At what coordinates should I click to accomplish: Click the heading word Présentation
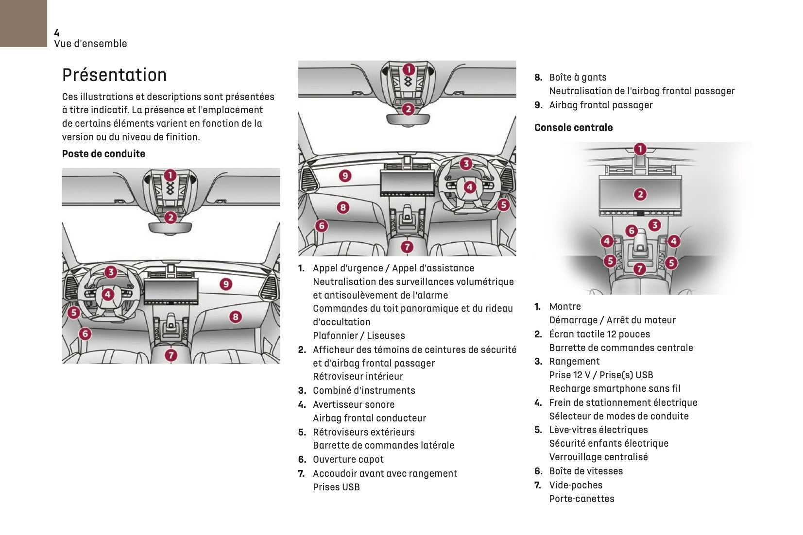click(x=114, y=75)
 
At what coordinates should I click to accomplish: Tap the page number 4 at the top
click(x=57, y=33)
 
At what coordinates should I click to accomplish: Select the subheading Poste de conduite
click(x=103, y=154)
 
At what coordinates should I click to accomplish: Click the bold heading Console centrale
click(x=573, y=128)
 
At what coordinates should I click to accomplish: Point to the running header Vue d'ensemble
click(x=90, y=44)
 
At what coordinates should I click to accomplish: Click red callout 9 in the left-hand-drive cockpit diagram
click(x=226, y=284)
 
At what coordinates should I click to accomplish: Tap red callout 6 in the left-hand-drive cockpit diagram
click(x=85, y=334)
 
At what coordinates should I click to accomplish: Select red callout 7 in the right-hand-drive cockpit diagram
click(x=407, y=247)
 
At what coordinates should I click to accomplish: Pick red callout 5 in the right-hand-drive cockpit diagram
click(x=503, y=205)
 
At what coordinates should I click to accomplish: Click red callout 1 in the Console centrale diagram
click(x=640, y=149)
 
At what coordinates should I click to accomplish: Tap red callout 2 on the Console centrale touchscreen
click(x=640, y=195)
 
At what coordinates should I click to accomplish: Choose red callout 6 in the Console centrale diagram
click(x=632, y=231)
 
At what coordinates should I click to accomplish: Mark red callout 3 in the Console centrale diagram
click(x=655, y=225)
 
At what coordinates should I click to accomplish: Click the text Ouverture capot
click(x=348, y=459)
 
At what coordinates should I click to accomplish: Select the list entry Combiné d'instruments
click(x=364, y=390)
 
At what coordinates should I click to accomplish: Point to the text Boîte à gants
click(x=578, y=77)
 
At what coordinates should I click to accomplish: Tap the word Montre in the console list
click(x=565, y=306)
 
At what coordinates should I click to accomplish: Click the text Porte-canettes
click(x=581, y=499)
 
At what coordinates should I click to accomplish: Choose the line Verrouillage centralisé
click(x=598, y=457)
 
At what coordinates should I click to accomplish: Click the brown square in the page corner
click(x=23, y=23)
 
